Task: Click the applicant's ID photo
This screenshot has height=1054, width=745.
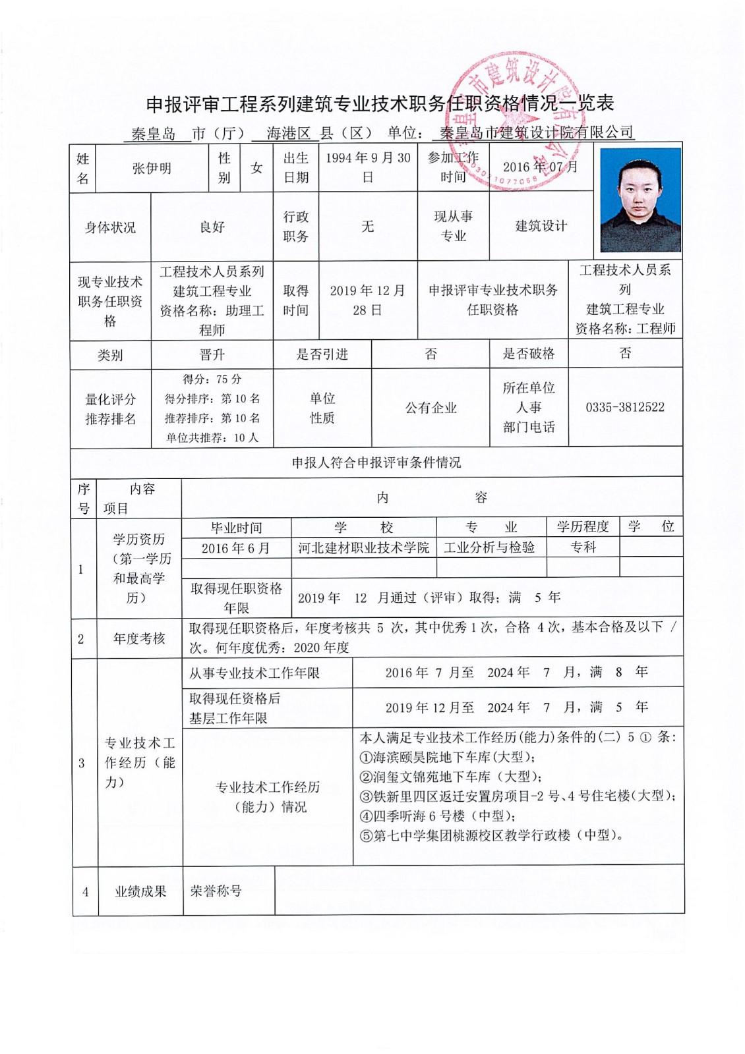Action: tap(640, 200)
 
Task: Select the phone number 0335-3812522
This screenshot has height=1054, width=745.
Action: tap(625, 407)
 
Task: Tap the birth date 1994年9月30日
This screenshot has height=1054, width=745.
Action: tap(368, 167)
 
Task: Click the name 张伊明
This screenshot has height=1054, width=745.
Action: tap(152, 168)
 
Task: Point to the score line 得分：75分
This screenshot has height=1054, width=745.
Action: tap(212, 379)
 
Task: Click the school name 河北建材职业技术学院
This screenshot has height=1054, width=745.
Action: tap(363, 547)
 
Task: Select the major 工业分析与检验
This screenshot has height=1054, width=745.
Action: tap(489, 547)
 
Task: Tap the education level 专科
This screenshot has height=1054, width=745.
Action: tap(583, 547)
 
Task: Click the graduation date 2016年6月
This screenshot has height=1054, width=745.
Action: tap(235, 548)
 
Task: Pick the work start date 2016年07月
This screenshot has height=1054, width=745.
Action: tap(540, 167)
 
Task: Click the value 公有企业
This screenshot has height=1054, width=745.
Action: tap(431, 408)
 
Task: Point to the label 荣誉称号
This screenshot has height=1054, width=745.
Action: tap(216, 891)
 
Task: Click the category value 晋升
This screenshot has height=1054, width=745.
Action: tap(212, 355)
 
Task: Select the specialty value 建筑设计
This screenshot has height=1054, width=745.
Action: tap(541, 226)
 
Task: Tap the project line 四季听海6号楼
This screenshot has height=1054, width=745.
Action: tap(437, 816)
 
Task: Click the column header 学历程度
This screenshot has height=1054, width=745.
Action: tap(583, 526)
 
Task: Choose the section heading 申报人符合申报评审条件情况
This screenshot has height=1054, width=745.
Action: tap(376, 462)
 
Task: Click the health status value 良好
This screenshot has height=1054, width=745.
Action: tap(212, 227)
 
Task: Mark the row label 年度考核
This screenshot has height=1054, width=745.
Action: tap(139, 638)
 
